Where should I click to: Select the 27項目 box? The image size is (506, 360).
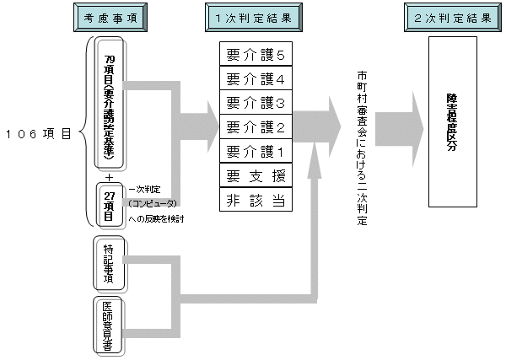pos(110,203)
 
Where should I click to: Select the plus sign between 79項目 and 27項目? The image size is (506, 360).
pos(110,176)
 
